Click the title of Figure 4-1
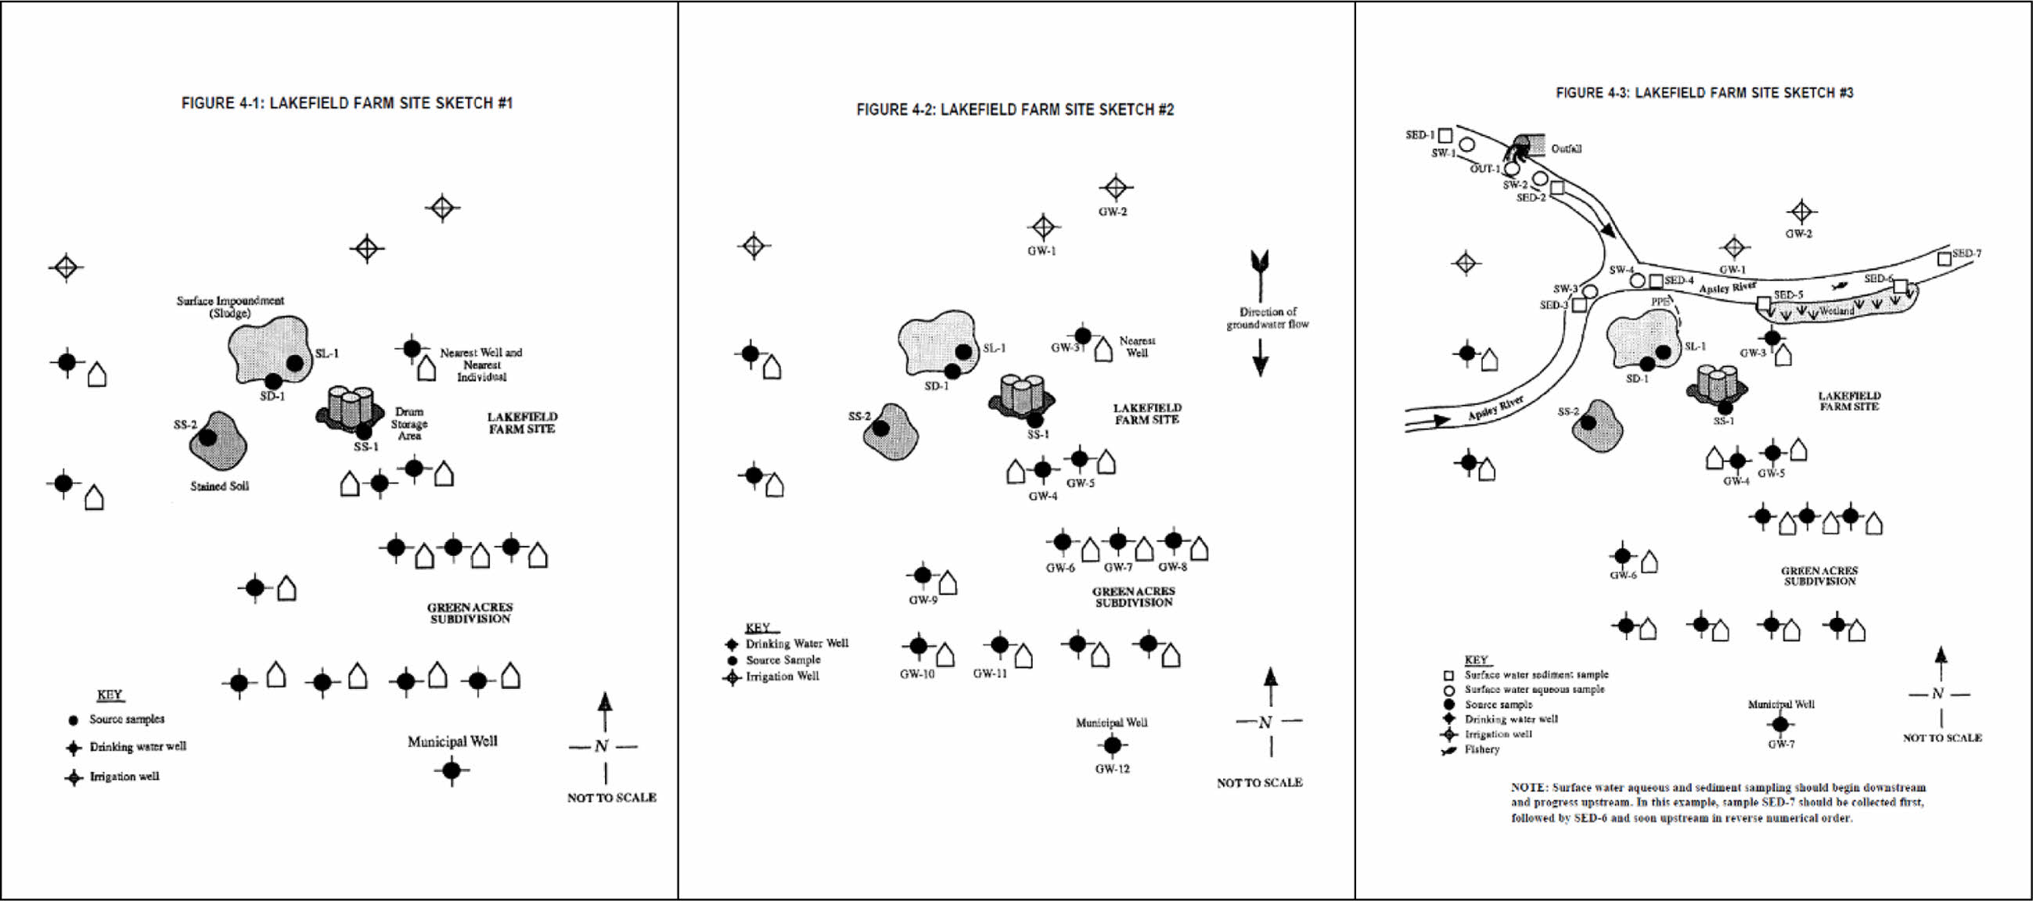pos(347,103)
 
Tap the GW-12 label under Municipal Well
pos(1112,769)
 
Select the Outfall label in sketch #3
pos(1566,149)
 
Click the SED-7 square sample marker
pos(1944,258)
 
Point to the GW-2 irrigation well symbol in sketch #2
pos(1115,188)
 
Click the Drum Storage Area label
pos(408,424)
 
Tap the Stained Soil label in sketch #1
pos(219,486)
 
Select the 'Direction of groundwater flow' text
pos(1267,318)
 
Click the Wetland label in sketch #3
pos(1837,311)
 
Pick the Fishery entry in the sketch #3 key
pos(1481,748)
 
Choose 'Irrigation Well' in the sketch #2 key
pos(782,677)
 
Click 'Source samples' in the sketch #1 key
pos(127,719)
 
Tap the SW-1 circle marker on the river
pos(1466,145)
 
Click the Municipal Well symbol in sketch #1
pos(452,770)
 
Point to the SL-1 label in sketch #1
pos(327,354)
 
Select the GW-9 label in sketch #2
pos(923,600)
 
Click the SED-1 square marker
pos(1445,136)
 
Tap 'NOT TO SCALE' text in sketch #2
pos(1260,783)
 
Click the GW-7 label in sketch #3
pos(1781,744)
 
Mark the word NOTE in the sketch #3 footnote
pos(1529,788)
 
